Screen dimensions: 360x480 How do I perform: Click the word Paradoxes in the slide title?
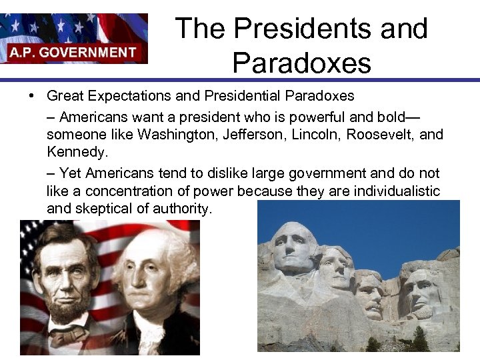(301, 63)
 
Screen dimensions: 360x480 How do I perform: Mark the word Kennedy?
(76, 152)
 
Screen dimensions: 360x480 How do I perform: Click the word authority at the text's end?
(181, 209)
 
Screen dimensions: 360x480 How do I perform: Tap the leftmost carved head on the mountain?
(294, 249)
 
